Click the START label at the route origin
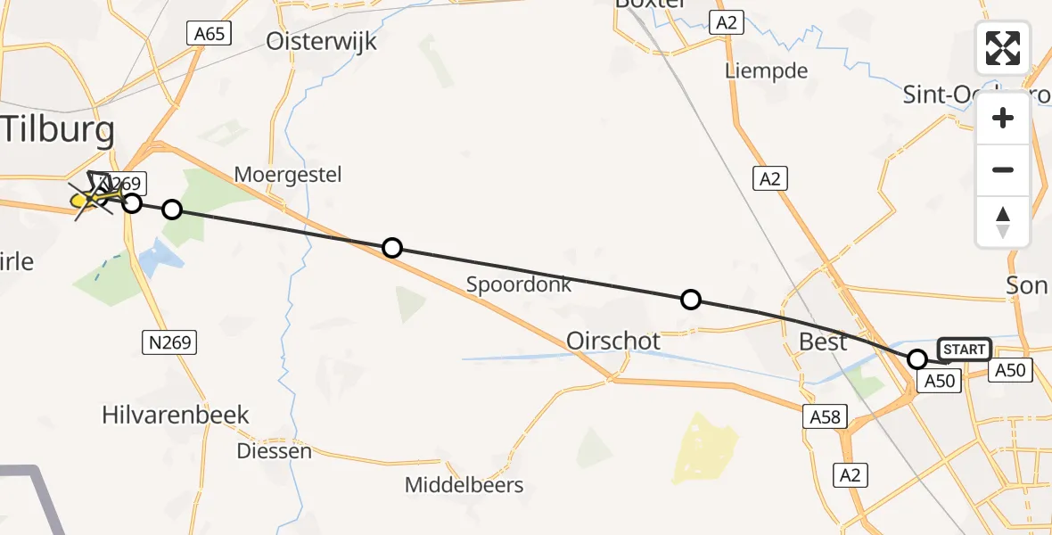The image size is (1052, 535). point(964,350)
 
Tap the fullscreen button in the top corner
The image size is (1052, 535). point(1003,48)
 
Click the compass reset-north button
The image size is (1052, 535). point(1003,222)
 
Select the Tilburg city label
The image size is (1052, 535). point(58,130)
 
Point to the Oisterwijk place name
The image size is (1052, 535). point(321,42)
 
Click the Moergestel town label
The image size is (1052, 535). point(288,174)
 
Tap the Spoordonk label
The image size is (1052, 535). point(519,285)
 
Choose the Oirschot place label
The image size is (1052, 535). point(613,341)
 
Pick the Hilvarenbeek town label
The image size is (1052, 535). point(176,415)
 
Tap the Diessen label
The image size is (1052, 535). point(274,451)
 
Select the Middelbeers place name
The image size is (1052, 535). point(464,486)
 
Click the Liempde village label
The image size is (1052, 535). point(766,71)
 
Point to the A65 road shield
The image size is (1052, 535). point(210,34)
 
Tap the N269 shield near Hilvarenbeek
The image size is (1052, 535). point(168,341)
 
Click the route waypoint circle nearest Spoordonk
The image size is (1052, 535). point(391,248)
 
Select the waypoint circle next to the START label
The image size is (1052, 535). point(917,359)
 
